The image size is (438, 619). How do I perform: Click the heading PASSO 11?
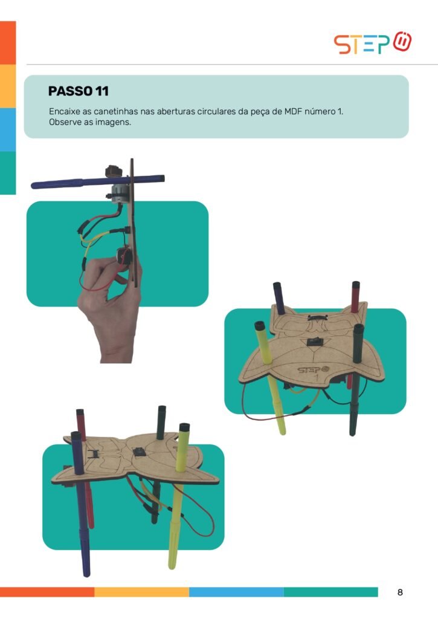78,91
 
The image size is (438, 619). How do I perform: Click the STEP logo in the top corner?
373,43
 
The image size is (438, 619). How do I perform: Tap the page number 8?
400,592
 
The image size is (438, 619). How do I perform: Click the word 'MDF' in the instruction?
293,112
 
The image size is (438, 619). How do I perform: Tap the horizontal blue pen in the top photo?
97,181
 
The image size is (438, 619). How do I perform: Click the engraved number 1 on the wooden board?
316,377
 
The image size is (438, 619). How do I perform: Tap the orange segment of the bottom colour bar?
47,592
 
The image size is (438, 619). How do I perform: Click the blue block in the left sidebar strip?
8,129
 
